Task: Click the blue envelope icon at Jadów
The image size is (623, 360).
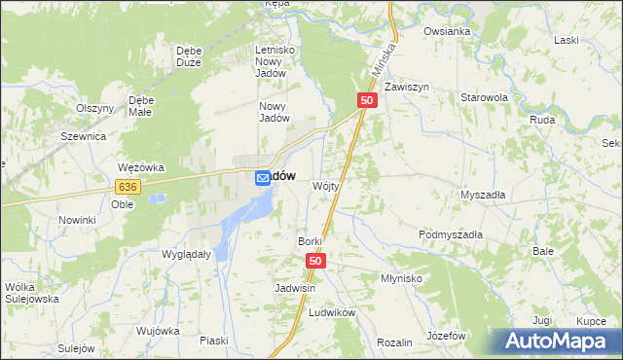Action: tap(263, 178)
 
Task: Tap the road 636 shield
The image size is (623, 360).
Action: tap(127, 186)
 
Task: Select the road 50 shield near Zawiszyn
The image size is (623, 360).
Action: tap(367, 100)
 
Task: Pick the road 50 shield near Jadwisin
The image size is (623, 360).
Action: tap(315, 261)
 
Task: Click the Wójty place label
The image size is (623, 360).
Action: tap(325, 185)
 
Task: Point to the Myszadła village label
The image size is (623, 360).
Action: tap(483, 195)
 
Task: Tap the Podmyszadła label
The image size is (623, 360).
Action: tap(451, 234)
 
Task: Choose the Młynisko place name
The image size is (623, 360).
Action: tap(400, 277)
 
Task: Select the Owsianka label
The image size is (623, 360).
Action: tap(447, 31)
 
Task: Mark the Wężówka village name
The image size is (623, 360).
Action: tap(139, 167)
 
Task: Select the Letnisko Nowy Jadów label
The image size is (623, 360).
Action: tap(274, 60)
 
